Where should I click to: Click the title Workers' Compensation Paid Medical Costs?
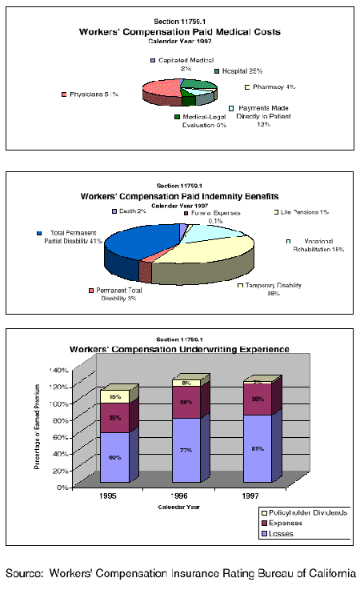[179, 32]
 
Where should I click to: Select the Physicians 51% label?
[94, 94]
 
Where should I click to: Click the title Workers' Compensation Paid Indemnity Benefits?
[179, 195]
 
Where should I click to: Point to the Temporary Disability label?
[273, 289]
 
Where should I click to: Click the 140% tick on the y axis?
[60, 371]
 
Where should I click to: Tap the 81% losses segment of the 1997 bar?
[257, 448]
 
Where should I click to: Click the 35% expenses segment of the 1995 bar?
[114, 417]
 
